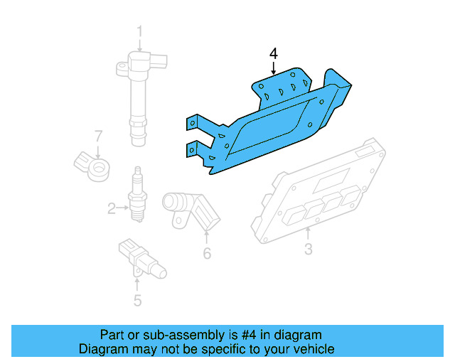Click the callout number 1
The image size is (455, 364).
tap(140, 31)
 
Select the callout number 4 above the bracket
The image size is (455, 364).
tap(274, 53)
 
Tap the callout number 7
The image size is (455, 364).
tap(99, 135)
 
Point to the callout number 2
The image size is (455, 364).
tap(112, 208)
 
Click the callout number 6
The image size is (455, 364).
tap(207, 253)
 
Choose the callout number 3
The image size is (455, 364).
tap(308, 249)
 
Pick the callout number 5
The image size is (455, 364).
tap(137, 301)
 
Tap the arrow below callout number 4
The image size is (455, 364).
tap(274, 68)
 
